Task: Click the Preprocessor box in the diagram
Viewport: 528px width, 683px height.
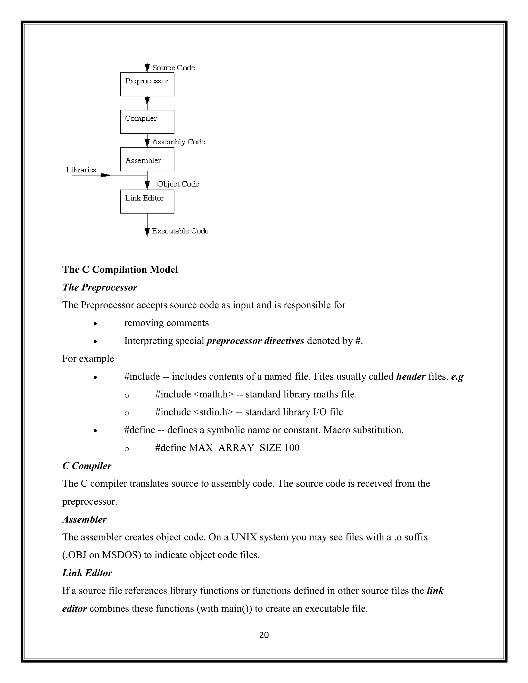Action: pyautogui.click(x=147, y=85)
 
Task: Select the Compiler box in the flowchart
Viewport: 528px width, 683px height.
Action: pyautogui.click(x=147, y=122)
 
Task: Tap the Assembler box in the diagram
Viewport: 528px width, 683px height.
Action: pyautogui.click(x=147, y=160)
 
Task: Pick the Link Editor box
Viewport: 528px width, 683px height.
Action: pyautogui.click(x=147, y=202)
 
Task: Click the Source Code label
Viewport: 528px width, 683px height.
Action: pyautogui.click(x=173, y=68)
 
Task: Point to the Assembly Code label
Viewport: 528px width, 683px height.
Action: pyautogui.click(x=178, y=142)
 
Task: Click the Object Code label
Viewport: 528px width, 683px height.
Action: pyautogui.click(x=178, y=184)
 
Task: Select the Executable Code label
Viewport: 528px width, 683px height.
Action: pyautogui.click(x=180, y=231)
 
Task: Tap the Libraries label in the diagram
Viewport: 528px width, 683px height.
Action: pyautogui.click(x=81, y=170)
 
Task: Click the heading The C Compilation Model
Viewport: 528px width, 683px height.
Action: pyautogui.click(x=120, y=270)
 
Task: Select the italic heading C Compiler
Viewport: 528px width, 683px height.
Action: pyautogui.click(x=87, y=466)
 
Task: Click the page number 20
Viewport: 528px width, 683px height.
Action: pyautogui.click(x=264, y=635)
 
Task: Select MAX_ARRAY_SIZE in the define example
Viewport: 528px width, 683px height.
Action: pyautogui.click(x=235, y=448)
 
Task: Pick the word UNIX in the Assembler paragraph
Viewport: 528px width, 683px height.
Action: pyautogui.click(x=244, y=537)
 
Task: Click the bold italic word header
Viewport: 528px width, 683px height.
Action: pyautogui.click(x=410, y=377)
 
